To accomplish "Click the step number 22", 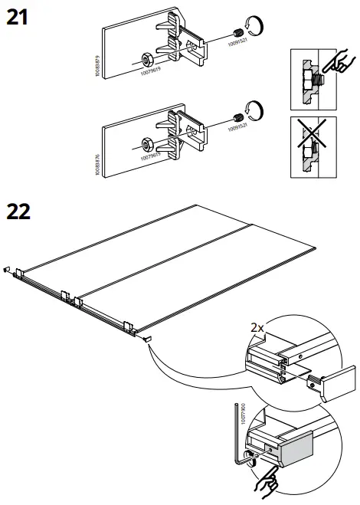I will point(18,212).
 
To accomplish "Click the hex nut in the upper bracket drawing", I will point(146,59).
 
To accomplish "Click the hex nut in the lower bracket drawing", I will point(146,143).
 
